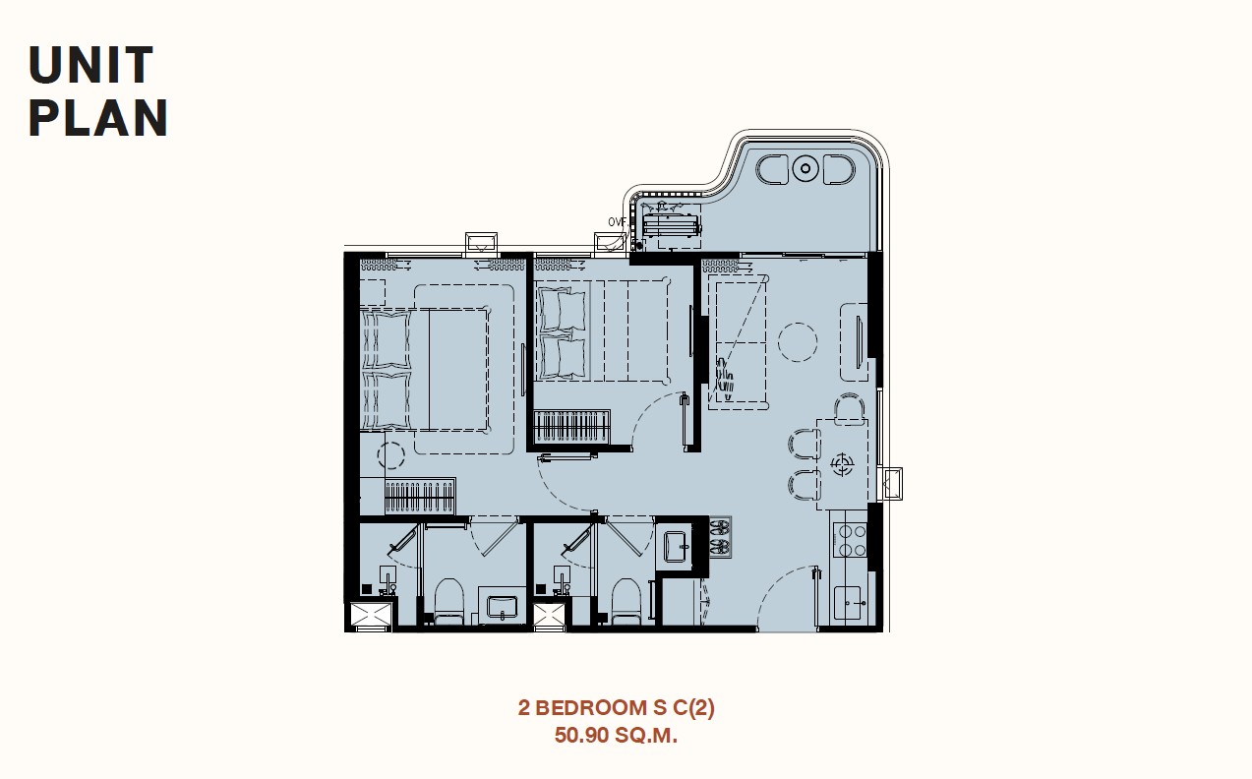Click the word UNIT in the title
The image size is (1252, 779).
[x=90, y=65]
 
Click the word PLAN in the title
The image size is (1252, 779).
[x=97, y=118]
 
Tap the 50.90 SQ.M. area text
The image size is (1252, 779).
[x=616, y=735]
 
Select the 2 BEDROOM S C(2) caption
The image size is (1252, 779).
[x=616, y=707]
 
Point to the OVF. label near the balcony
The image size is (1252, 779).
[x=617, y=222]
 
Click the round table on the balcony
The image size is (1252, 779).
[x=805, y=168]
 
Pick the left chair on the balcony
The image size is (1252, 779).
[x=772, y=169]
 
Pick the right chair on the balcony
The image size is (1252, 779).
[x=839, y=169]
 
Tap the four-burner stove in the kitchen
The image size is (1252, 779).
[x=850, y=539]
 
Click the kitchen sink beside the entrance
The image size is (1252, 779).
[x=850, y=602]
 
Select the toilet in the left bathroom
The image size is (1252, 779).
[x=448, y=601]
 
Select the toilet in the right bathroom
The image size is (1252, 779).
[x=626, y=601]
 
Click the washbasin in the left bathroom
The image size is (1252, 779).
[x=503, y=608]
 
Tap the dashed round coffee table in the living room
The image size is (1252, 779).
[x=798, y=342]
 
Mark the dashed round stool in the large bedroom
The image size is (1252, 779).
[x=390, y=455]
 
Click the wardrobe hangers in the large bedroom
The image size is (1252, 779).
[x=420, y=496]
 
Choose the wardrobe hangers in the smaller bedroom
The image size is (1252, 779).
[x=571, y=428]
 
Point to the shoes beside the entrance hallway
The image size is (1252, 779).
[x=720, y=537]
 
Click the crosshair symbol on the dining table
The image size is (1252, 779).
[x=842, y=464]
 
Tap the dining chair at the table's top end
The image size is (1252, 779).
[x=850, y=407]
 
